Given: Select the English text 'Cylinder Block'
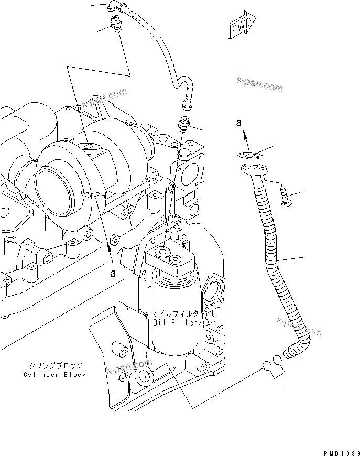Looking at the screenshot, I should (x=54, y=374).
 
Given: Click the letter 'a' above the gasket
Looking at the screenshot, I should (x=239, y=124).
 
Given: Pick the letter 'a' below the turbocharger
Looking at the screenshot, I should (x=113, y=273).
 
